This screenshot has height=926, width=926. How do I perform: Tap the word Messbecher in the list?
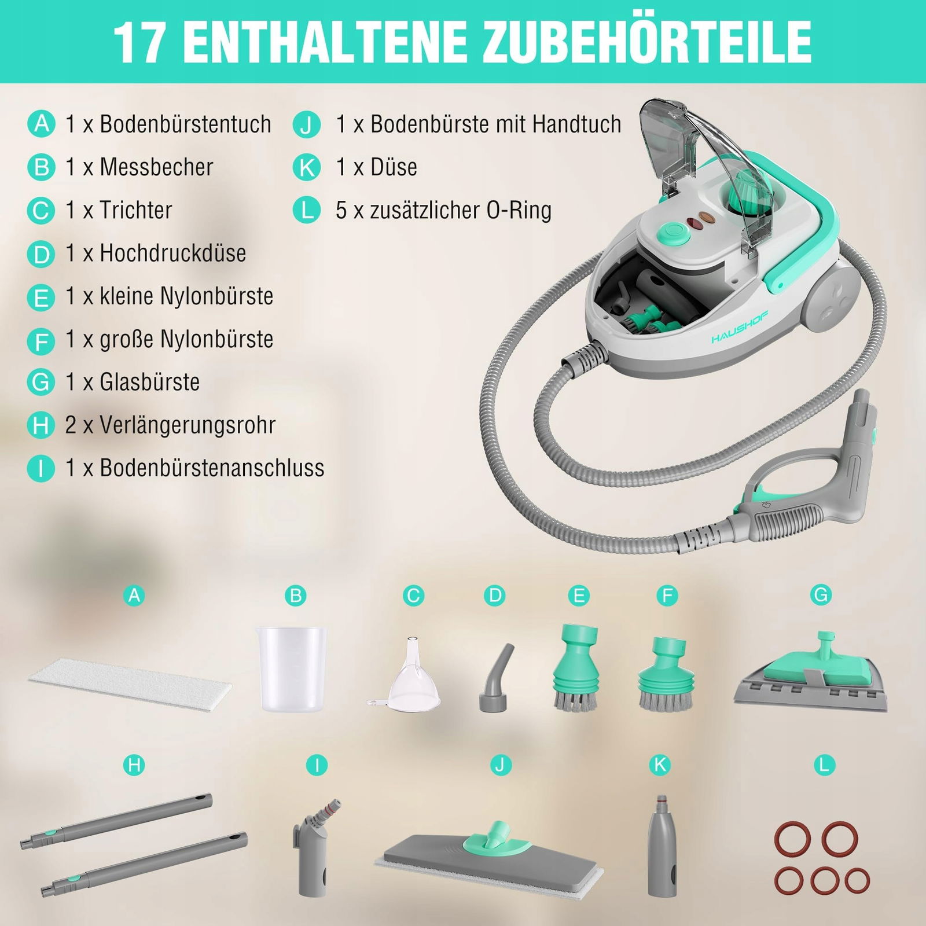click(156, 167)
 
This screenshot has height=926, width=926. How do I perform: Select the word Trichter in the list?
click(136, 210)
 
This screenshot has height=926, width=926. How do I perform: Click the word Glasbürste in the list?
click(150, 382)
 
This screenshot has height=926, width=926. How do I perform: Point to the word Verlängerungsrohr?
click(188, 425)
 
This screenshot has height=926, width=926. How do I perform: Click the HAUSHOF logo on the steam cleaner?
click(747, 327)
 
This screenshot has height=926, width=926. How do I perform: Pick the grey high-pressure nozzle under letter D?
click(496, 677)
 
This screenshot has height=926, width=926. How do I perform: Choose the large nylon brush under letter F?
click(666, 674)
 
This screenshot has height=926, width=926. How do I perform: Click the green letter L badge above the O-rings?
click(824, 766)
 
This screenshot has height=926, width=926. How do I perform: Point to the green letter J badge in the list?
click(307, 124)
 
